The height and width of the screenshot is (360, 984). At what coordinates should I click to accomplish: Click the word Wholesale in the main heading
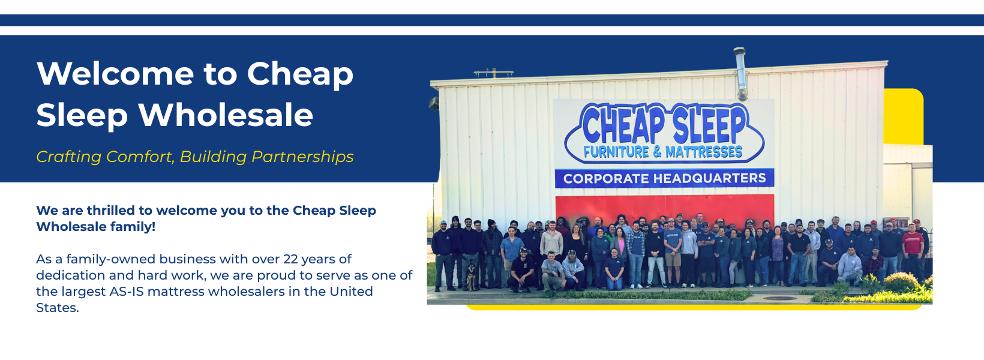[226, 115]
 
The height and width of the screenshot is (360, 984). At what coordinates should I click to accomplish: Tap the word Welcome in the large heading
[115, 73]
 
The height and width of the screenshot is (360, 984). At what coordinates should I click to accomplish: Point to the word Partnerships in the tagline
[302, 156]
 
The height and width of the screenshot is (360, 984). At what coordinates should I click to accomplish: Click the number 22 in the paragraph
[290, 259]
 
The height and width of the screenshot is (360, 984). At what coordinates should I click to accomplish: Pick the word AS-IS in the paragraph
[127, 292]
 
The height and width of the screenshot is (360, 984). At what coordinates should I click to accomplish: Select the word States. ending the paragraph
[58, 308]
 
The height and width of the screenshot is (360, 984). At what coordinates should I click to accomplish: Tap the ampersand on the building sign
[657, 152]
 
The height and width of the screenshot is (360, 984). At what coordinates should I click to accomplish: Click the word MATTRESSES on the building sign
[704, 152]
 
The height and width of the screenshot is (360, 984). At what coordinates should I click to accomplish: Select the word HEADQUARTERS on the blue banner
[710, 178]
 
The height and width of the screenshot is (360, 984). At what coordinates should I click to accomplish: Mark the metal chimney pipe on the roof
[740, 74]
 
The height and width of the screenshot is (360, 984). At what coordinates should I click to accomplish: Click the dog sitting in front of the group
[472, 276]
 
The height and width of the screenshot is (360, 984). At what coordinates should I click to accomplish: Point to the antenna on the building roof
[494, 73]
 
